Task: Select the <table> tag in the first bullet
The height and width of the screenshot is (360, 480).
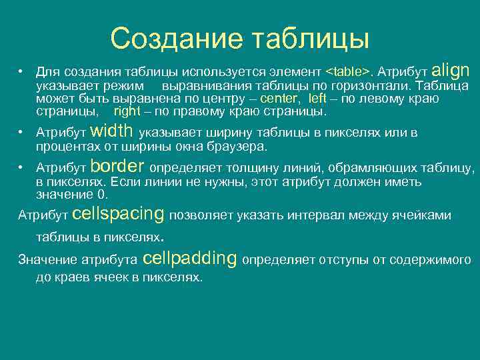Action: [347, 71]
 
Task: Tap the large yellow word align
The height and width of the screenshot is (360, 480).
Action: [451, 69]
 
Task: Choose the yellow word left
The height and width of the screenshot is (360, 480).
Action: [318, 99]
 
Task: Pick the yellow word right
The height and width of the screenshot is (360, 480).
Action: [127, 111]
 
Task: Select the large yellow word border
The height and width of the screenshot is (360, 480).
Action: [117, 166]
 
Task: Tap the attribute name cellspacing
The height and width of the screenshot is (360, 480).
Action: [117, 214]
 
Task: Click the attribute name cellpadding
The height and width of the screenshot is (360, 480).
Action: [190, 258]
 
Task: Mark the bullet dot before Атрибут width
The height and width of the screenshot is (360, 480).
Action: [21, 133]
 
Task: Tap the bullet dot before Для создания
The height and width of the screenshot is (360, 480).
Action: [21, 71]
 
